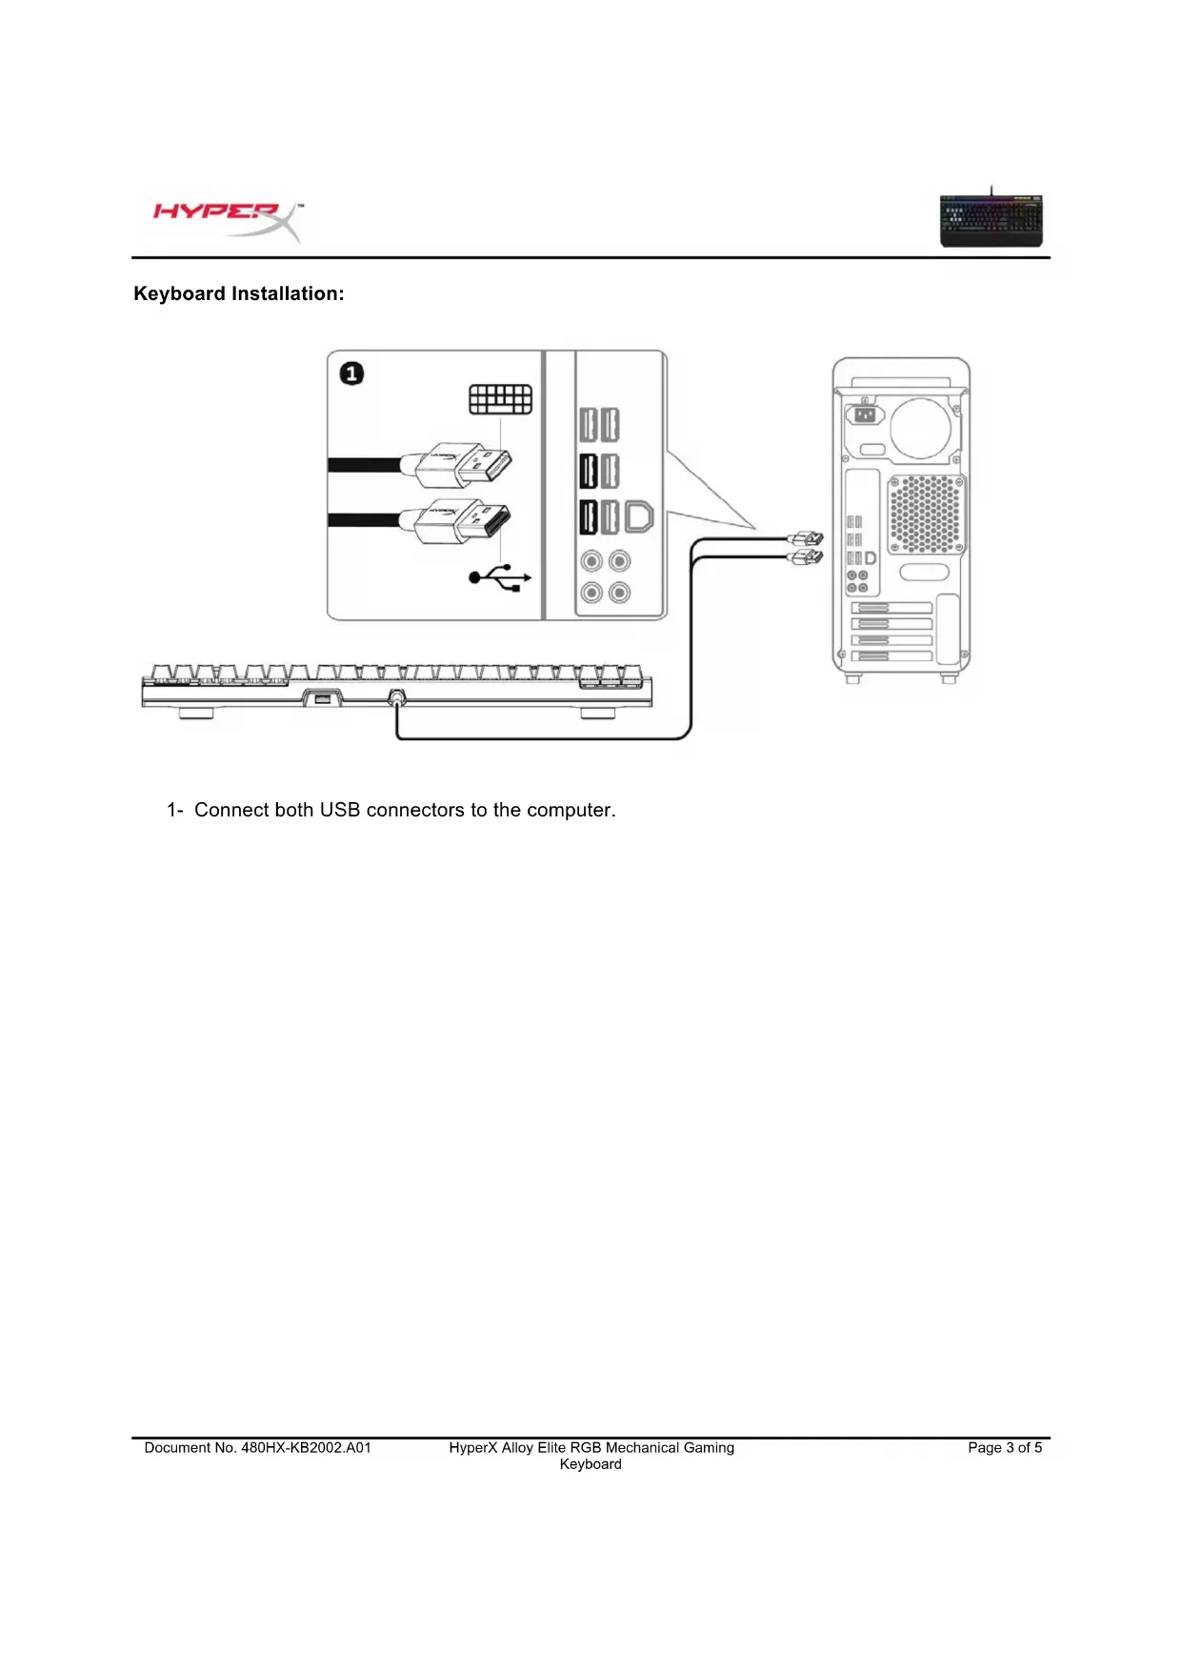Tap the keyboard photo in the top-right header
(x=991, y=220)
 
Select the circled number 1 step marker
(x=351, y=373)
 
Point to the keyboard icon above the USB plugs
(x=500, y=399)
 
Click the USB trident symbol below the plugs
(x=500, y=577)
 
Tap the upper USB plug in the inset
(x=467, y=467)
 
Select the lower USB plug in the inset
(x=467, y=521)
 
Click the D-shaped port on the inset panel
(x=639, y=517)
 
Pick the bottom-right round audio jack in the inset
(x=619, y=594)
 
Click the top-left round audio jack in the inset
(x=591, y=561)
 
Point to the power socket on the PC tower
(x=865, y=414)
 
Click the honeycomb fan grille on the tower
(x=926, y=513)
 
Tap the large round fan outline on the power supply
(x=921, y=427)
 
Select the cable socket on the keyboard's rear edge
(x=397, y=697)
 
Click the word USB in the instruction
(x=339, y=810)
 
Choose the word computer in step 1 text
(x=571, y=810)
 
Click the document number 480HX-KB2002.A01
(x=306, y=1447)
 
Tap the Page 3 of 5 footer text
(x=1004, y=1447)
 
